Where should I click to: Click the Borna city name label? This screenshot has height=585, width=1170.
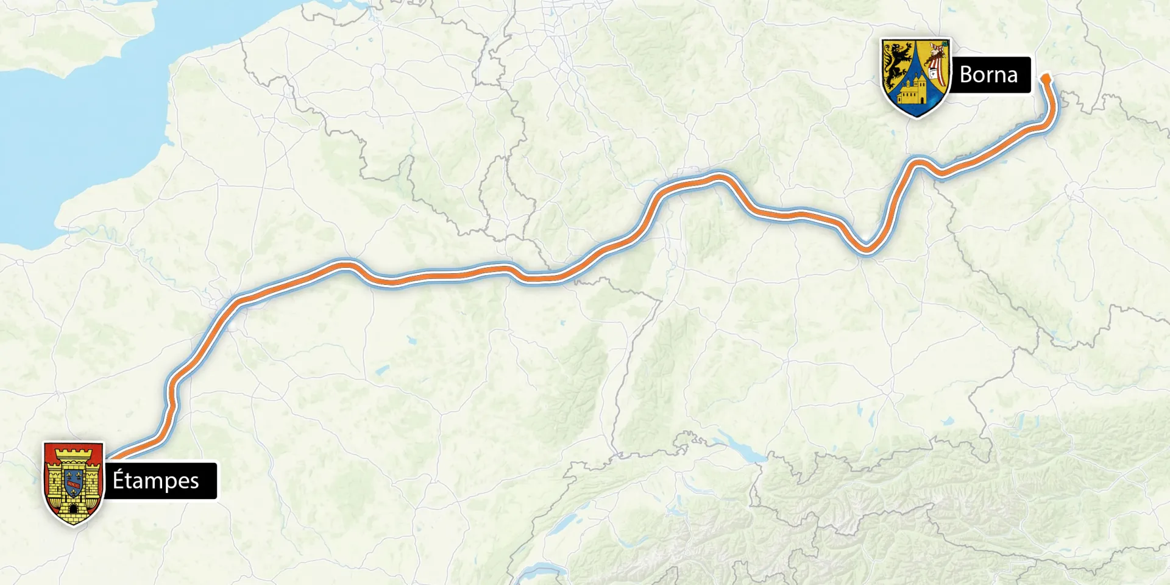point(988,75)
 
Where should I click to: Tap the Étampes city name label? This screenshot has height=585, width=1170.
point(156,481)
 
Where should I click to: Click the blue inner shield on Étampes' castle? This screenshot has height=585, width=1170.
point(73,482)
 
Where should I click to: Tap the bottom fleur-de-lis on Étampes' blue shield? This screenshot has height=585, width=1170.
point(73,491)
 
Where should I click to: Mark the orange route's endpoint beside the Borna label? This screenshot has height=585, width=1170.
point(1046,79)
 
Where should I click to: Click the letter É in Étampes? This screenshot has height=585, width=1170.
point(118,480)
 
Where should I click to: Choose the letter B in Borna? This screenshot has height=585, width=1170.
point(966,75)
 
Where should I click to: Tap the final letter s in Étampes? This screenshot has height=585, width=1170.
point(194,482)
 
